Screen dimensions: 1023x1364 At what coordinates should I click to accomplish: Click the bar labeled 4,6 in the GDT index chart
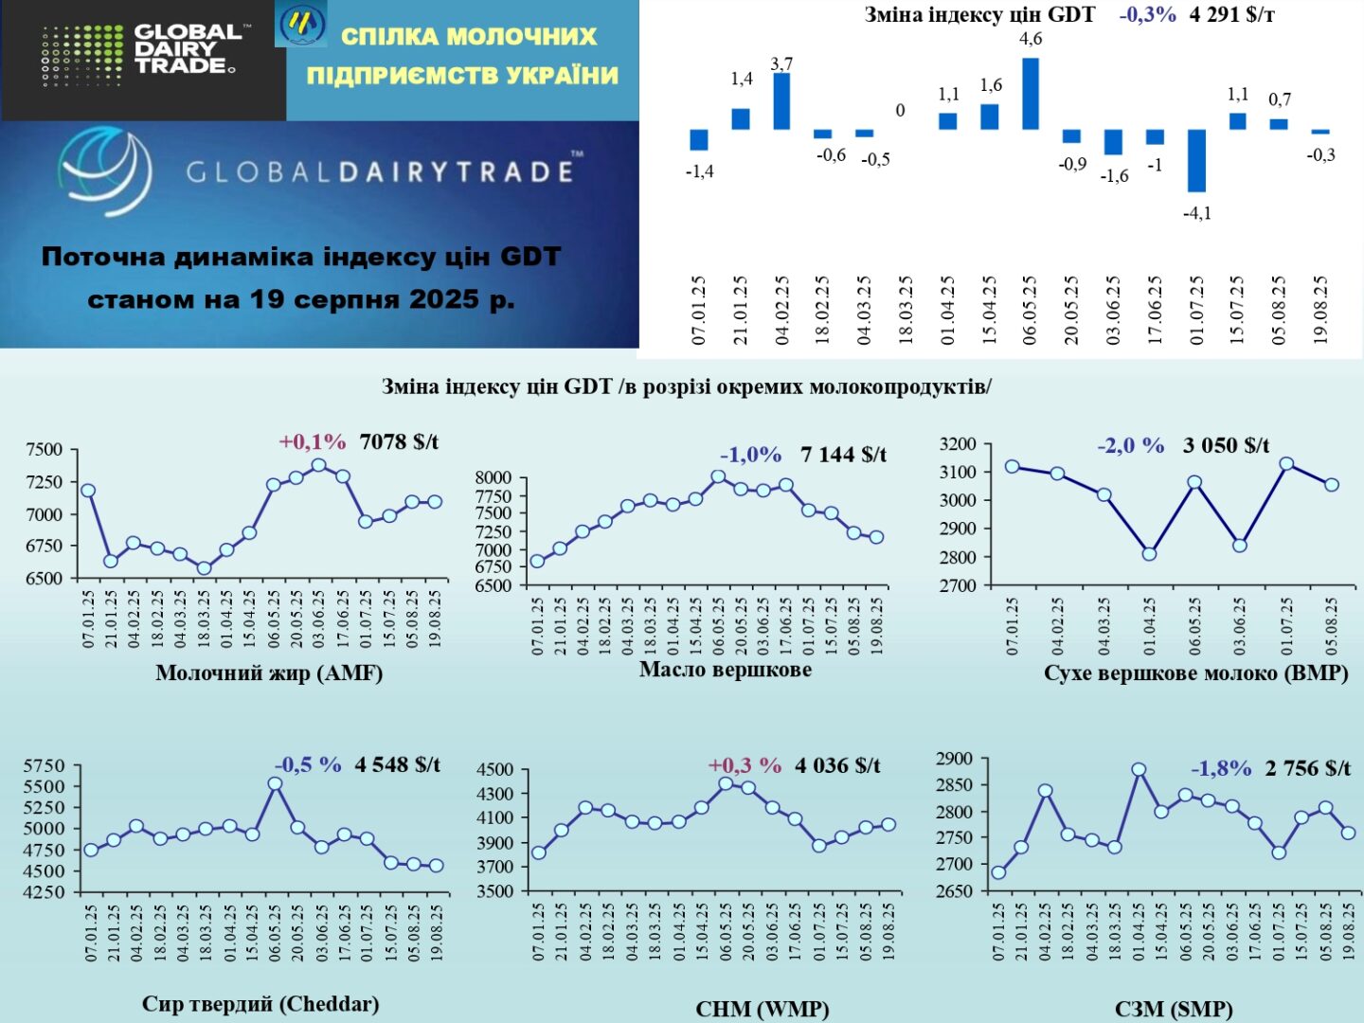coord(1031,93)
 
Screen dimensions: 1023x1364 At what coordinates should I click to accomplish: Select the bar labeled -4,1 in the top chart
coord(1196,160)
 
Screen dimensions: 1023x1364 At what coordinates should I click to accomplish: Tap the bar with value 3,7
coord(781,100)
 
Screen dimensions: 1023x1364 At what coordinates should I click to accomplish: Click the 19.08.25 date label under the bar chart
coord(1320,310)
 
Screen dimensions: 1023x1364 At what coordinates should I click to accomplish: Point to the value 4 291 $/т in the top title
coord(1231,15)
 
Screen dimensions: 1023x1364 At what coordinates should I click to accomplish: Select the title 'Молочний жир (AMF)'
coord(269,673)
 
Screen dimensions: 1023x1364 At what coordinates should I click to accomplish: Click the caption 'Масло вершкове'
coord(725,670)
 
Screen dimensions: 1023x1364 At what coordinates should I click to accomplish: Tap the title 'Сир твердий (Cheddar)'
coord(260,1004)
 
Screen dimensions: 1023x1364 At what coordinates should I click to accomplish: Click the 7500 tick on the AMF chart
coord(45,450)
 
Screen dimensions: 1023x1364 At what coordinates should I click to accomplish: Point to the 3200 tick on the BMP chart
coord(957,444)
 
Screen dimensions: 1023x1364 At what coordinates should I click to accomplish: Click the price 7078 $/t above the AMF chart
coord(399,442)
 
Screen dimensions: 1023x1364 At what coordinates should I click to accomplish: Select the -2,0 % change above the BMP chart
coord(1130,445)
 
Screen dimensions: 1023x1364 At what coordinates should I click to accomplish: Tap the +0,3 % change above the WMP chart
coord(745,765)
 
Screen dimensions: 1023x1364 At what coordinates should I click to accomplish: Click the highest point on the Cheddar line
coord(275,783)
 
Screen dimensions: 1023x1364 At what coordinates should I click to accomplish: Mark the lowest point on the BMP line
coord(1149,554)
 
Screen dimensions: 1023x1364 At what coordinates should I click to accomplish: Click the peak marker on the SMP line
coord(1139,770)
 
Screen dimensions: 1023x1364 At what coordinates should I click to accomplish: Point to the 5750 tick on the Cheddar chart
coord(45,765)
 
